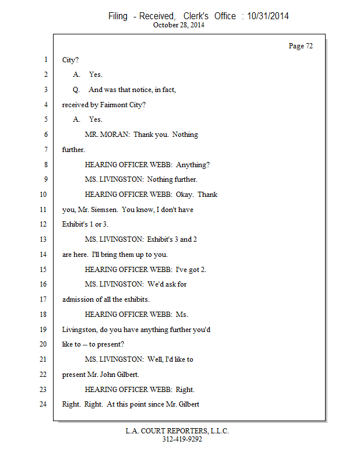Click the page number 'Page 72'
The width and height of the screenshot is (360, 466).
click(301, 46)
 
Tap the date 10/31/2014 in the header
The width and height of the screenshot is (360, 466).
click(268, 16)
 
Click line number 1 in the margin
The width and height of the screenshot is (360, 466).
click(45, 59)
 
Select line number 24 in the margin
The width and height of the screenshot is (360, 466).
click(43, 404)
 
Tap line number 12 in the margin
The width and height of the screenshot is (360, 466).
click(43, 224)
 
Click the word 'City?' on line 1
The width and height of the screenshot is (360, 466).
click(70, 59)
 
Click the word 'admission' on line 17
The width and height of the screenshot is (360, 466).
click(79, 299)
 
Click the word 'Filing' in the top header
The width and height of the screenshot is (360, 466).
click(118, 16)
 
